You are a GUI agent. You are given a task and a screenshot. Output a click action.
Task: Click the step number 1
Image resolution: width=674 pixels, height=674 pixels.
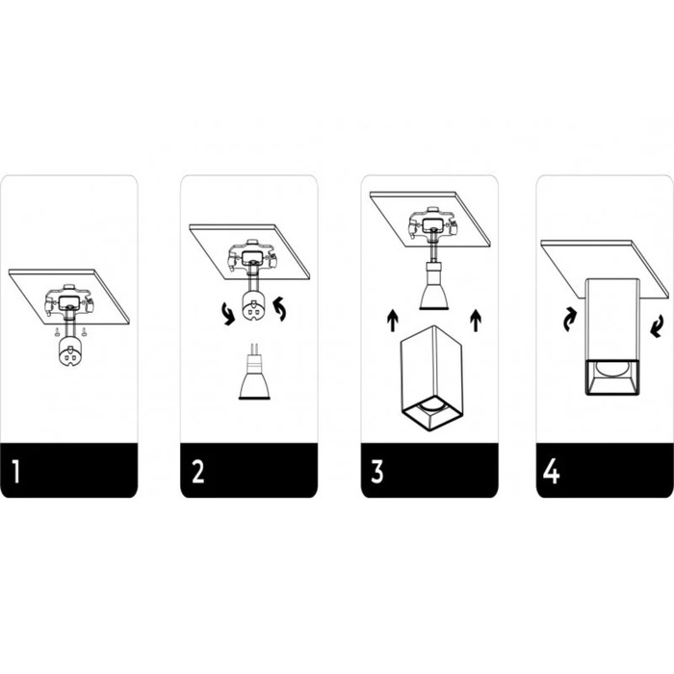coord(16,472)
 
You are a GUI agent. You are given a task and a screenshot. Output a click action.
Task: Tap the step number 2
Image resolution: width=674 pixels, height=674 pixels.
coord(197,472)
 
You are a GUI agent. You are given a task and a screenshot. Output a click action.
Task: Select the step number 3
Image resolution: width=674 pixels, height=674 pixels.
coord(377,472)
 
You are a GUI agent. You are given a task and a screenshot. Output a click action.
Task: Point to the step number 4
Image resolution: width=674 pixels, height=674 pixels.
coord(551,472)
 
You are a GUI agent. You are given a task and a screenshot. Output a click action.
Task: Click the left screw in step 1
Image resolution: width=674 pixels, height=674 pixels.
coord(57,331)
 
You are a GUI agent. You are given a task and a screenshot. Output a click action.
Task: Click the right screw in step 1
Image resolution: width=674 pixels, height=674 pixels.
coord(85,331)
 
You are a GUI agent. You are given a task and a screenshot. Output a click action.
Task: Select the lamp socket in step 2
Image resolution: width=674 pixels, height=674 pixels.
coord(253,305)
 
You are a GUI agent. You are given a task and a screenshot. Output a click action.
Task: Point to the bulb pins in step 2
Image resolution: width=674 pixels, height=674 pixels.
coord(254,350)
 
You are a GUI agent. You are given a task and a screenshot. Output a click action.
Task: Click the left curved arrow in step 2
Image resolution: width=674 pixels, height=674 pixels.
coord(228,313)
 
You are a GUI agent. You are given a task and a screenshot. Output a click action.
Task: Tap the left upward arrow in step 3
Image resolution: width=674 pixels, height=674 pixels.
coord(393,321)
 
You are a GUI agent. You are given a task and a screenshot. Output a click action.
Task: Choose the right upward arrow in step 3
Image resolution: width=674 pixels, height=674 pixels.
coord(476,321)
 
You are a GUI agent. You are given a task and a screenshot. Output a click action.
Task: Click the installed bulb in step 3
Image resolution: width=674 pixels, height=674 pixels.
coord(433,286)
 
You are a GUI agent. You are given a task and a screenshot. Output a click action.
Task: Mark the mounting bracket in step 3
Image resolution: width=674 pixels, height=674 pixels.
coord(431,223)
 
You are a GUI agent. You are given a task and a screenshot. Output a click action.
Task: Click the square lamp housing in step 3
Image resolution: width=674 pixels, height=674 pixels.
coord(431,378)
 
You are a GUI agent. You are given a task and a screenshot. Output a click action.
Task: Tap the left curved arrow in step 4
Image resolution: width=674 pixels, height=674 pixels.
coord(570,320)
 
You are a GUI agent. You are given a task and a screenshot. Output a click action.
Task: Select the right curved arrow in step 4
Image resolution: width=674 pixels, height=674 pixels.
coord(656,325)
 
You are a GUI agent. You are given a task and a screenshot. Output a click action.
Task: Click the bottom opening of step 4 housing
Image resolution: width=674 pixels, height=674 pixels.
coord(612,376)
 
